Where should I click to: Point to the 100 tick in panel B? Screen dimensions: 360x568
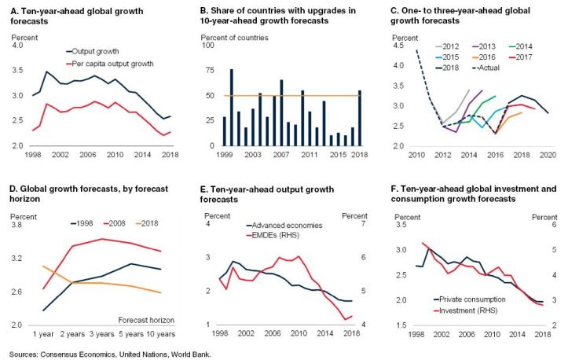211,46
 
